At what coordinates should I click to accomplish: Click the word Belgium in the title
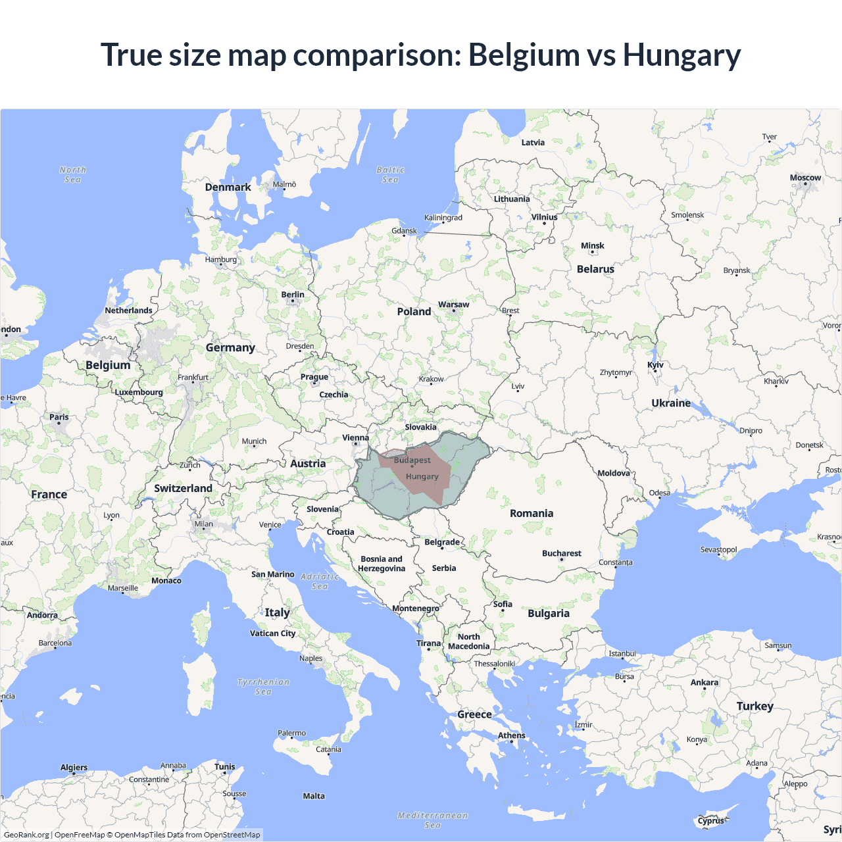click(x=524, y=55)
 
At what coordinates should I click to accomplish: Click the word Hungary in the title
click(x=681, y=55)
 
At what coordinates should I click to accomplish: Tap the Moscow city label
click(x=805, y=178)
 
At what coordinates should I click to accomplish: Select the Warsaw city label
click(x=453, y=305)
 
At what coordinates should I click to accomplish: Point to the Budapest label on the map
click(x=412, y=460)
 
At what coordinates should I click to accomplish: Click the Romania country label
click(x=532, y=513)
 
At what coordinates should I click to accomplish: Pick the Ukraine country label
click(x=671, y=403)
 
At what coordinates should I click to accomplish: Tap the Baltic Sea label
click(x=390, y=174)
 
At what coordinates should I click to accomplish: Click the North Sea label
click(x=72, y=174)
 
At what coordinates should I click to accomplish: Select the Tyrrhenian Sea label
click(x=263, y=687)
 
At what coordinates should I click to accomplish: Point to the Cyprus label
click(x=710, y=820)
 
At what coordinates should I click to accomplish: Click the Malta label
click(x=314, y=796)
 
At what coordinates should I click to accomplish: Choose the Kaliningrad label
click(x=443, y=218)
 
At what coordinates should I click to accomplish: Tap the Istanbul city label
click(x=622, y=653)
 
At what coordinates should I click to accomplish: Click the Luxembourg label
click(x=139, y=392)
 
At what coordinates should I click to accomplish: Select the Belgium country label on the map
click(x=108, y=365)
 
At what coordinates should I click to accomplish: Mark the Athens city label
click(x=511, y=735)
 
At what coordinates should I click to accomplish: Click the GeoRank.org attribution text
click(x=26, y=835)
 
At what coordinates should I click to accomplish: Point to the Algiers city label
click(x=74, y=768)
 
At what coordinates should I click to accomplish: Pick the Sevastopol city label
click(x=718, y=550)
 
